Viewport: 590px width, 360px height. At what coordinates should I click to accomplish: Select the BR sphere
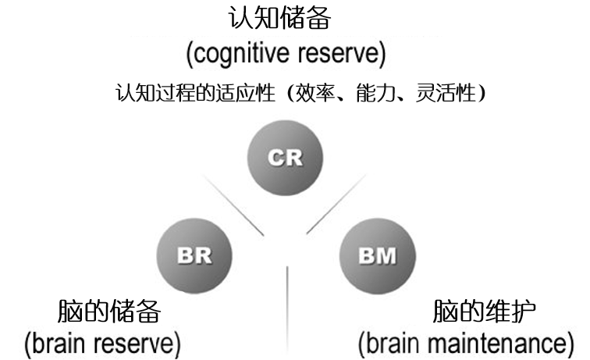pos(194,255)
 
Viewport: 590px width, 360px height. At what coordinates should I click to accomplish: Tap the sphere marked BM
pos(378,255)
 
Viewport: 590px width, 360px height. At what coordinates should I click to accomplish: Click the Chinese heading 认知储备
pos(286,20)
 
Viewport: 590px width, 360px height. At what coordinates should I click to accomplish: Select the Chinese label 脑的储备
pos(109,312)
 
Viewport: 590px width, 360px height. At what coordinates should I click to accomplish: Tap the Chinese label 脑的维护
pos(484,312)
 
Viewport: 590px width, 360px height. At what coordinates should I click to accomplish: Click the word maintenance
pos(502,343)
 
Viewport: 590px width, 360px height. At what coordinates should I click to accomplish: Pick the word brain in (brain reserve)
pos(59,343)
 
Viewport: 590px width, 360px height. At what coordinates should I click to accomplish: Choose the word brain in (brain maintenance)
pos(396,343)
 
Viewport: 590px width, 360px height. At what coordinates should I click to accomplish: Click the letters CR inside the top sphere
pos(284,158)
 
